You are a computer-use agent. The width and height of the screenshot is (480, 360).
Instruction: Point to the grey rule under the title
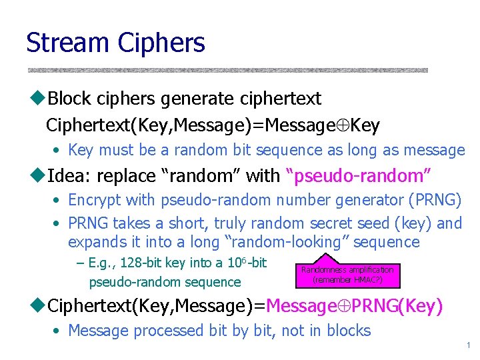click(227, 70)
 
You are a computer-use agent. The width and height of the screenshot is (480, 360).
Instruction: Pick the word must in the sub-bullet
click(115, 150)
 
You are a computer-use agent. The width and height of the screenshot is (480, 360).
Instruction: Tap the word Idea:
click(69, 176)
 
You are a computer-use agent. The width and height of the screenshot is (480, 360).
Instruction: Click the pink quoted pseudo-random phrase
click(358, 177)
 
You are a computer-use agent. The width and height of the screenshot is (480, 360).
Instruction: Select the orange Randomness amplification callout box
click(347, 274)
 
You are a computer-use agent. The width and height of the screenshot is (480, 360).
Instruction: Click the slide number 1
click(469, 345)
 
